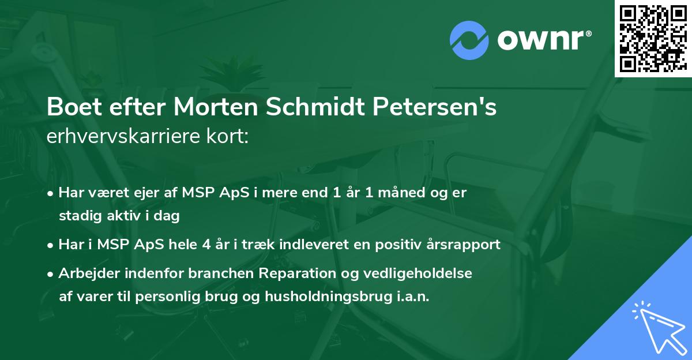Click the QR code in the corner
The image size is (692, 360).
pos(653,39)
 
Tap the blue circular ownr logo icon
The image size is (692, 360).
pos(469,40)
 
